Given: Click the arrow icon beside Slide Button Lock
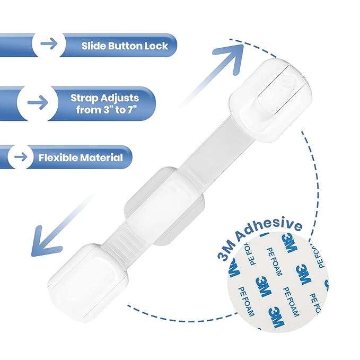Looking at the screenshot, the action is point(49,43).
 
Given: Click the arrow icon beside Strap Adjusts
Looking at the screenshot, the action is point(38,102).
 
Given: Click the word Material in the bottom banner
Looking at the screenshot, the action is point(101,157).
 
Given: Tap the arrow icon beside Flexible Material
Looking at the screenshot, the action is point(21,157).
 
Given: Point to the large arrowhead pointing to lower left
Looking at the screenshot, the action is point(45,241).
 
